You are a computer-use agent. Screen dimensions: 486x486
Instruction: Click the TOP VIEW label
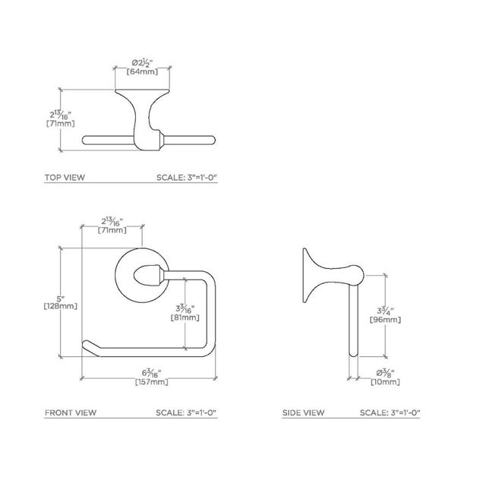(x=65, y=178)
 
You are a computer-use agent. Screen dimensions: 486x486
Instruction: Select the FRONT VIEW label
(x=70, y=414)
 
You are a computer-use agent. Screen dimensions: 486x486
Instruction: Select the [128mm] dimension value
(x=60, y=306)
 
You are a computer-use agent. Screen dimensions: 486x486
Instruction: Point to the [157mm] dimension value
(x=152, y=381)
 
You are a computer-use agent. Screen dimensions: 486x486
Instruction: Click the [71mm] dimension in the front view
(x=112, y=230)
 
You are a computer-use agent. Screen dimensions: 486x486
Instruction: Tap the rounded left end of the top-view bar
(x=86, y=139)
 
